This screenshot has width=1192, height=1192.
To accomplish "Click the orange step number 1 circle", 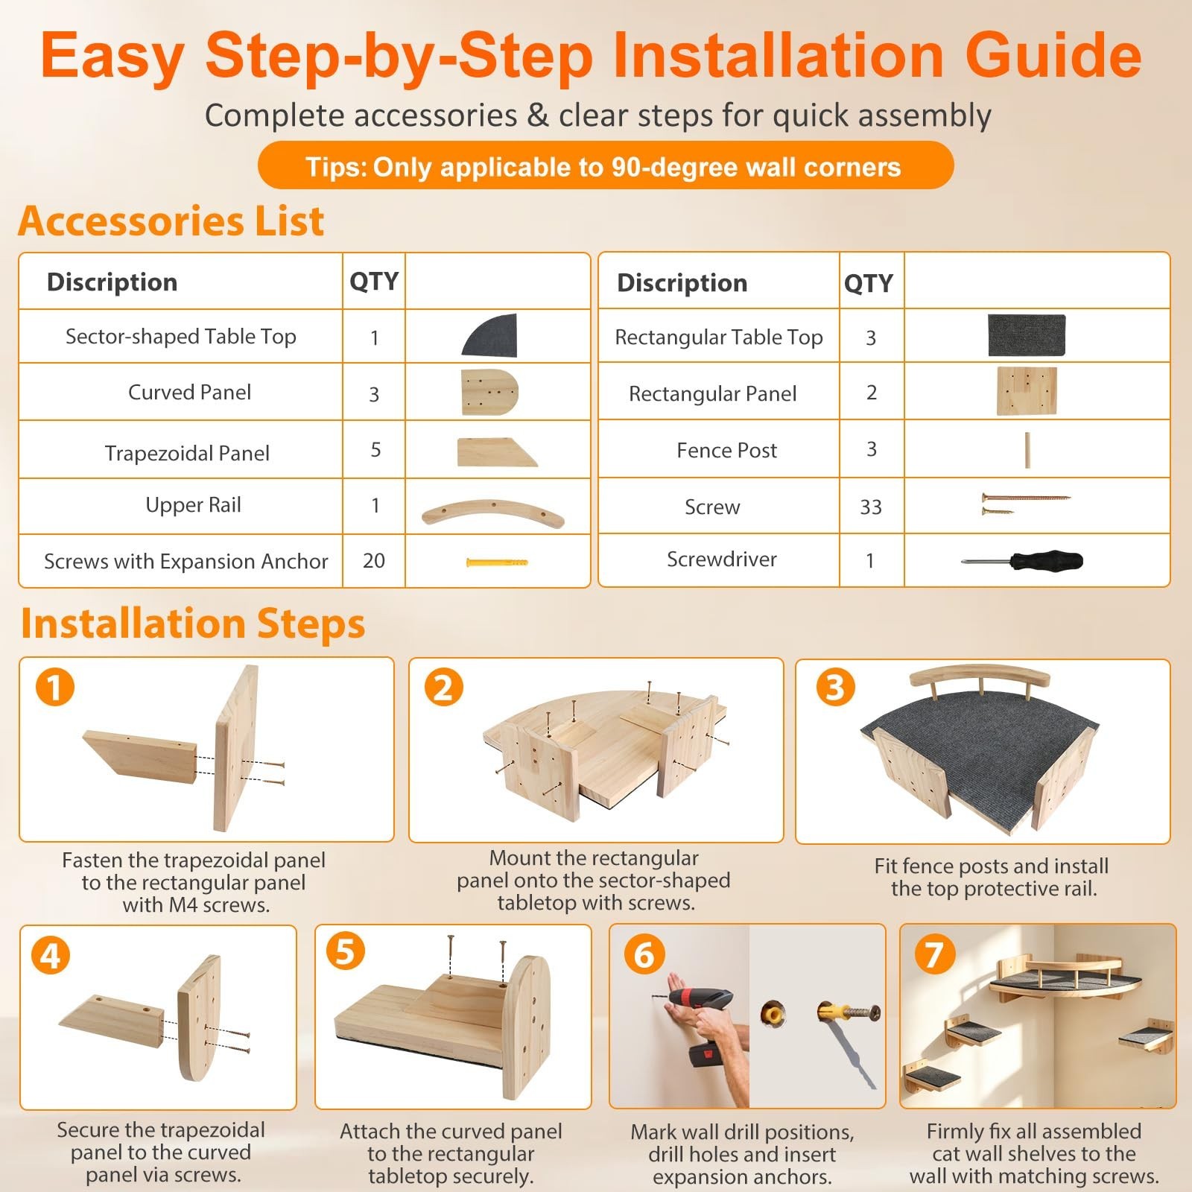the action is [x=55, y=686].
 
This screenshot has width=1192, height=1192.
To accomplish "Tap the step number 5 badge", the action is [x=345, y=951].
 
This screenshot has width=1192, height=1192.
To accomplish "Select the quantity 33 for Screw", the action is [x=871, y=507].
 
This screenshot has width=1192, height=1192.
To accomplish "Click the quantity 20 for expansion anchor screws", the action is [x=374, y=560].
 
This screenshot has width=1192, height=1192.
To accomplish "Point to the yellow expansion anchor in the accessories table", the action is [x=497, y=562].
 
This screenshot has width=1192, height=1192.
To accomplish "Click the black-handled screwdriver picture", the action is [x=1021, y=559].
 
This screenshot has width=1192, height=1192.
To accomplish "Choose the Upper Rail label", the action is [x=193, y=505].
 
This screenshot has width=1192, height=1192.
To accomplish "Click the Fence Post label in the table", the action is [x=726, y=450].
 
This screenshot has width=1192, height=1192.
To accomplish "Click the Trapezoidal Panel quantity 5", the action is [x=375, y=449].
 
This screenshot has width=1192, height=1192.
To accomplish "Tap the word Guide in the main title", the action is [x=1053, y=54].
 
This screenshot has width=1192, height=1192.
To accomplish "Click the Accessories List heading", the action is [x=171, y=221].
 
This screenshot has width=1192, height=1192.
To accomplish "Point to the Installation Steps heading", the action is [x=193, y=623].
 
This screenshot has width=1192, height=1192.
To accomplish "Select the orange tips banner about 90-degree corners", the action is [x=605, y=165].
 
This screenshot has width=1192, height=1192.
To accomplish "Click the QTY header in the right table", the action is [x=869, y=283].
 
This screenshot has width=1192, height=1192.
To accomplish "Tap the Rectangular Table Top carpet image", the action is [x=1027, y=335].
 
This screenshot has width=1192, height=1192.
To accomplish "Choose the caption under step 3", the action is [x=992, y=877].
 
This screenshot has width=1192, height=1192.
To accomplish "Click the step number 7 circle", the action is [x=933, y=954].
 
